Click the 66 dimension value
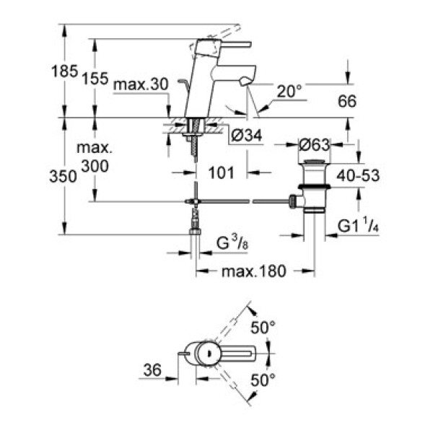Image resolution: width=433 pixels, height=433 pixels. (349, 102)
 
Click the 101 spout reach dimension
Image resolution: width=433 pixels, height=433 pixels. (222, 172)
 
